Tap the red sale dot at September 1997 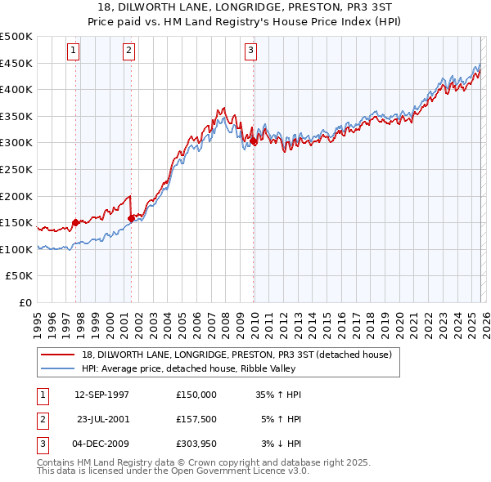pos(76,222)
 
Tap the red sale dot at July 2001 pos(132,218)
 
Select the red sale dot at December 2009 pos(254,141)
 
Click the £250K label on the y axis pos(16,169)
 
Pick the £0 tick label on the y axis pos(25,302)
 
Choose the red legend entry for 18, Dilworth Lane pos(237,355)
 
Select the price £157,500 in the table pos(196,420)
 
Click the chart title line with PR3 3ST pos(245,7)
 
